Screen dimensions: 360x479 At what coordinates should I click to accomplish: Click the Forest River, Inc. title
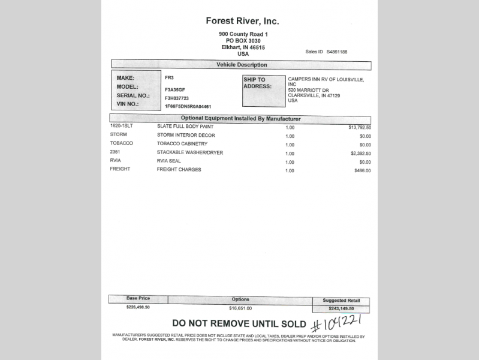[x=242, y=21]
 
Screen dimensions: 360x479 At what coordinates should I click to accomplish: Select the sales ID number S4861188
[x=337, y=52]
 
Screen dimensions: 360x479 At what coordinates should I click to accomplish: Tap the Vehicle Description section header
[x=242, y=65]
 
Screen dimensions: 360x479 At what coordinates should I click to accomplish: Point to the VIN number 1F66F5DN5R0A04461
[x=188, y=106]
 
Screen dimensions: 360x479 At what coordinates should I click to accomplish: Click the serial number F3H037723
[x=177, y=98]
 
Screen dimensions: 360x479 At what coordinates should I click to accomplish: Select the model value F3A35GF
[x=175, y=88]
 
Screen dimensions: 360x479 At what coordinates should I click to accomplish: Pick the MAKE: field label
[x=126, y=78]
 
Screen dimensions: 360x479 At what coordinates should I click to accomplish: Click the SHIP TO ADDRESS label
[x=257, y=82]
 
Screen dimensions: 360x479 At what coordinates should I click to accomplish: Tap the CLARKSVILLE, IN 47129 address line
[x=314, y=95]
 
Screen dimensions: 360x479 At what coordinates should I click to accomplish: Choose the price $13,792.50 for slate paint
[x=360, y=127]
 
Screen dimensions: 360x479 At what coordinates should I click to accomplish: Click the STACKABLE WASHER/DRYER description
[x=189, y=153]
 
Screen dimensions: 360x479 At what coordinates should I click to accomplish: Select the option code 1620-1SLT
[x=122, y=127]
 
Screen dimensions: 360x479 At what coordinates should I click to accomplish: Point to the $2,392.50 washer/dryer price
[x=360, y=153]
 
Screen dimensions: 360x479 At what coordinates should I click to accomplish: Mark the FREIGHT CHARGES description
[x=179, y=170]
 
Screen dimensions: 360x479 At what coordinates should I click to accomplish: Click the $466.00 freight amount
[x=363, y=170]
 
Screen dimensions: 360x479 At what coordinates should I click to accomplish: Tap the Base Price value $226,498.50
[x=138, y=307]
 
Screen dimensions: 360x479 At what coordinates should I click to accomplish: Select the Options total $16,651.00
[x=240, y=308]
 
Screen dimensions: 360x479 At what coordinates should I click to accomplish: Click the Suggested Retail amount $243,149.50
[x=341, y=309]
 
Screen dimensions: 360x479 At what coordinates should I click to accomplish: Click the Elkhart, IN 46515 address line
[x=242, y=47]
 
